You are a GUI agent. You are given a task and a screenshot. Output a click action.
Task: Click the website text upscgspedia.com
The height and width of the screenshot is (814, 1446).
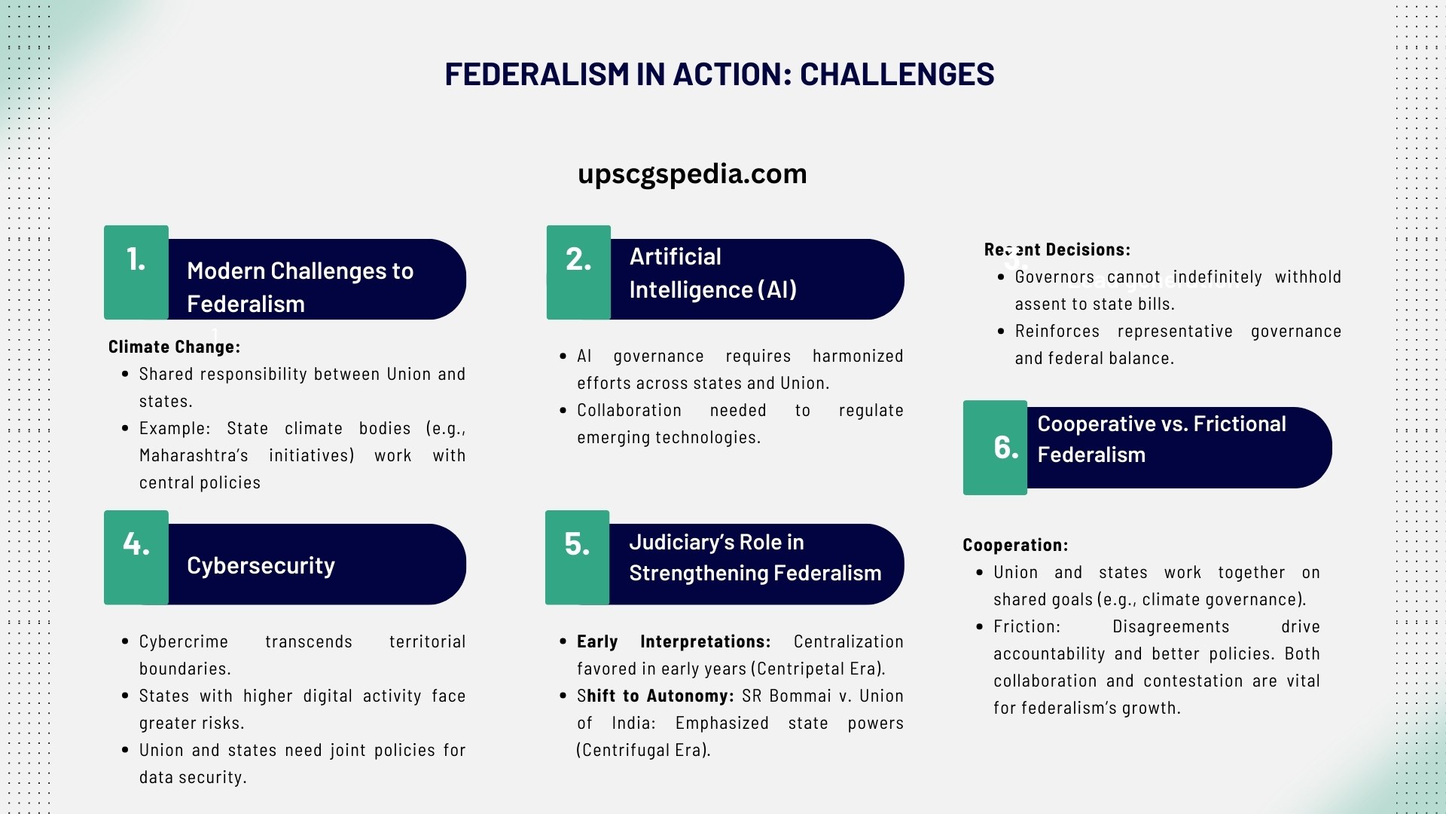coord(691,174)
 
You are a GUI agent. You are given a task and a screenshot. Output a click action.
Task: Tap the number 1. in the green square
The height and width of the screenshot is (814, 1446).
coord(136,260)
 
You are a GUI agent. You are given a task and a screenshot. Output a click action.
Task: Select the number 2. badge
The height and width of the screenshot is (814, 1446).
coord(578,260)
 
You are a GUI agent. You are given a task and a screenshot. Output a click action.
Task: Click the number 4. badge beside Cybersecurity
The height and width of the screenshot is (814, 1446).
coord(136,544)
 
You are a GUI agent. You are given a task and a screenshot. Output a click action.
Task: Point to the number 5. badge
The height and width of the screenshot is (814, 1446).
coord(577,544)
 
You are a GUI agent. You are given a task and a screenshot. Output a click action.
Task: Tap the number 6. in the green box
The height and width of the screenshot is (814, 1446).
coord(1005,448)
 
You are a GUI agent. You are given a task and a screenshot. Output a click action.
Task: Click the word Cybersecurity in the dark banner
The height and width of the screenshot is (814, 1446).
coord(261,565)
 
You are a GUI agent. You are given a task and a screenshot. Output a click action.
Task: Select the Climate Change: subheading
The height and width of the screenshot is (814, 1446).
coord(174,347)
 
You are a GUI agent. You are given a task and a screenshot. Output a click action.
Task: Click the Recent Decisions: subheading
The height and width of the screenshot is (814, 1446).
coord(1057,249)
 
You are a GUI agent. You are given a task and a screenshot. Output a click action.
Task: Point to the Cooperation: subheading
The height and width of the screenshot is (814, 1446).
coord(1014,545)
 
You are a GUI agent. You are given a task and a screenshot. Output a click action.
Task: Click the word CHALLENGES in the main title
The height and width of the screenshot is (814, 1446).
coord(896,75)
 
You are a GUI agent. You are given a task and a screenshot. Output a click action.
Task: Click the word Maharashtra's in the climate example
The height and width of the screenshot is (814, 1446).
coord(194,455)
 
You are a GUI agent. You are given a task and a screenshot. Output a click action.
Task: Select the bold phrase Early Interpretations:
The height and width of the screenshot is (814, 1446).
coord(673,641)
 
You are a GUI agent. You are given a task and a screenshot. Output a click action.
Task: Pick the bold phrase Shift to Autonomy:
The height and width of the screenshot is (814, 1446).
coord(654,696)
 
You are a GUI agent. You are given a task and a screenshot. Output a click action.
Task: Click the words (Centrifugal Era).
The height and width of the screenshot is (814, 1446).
coord(643,750)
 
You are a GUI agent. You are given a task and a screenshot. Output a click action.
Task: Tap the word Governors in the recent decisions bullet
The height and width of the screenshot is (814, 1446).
coord(1054,277)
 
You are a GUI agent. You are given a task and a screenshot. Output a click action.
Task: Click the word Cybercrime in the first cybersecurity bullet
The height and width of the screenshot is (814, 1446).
coord(183,641)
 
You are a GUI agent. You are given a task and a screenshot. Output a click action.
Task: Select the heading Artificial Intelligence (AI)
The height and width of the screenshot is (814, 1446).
coord(712,273)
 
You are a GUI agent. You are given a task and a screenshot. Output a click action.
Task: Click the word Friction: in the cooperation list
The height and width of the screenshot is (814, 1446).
coord(1027,626)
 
